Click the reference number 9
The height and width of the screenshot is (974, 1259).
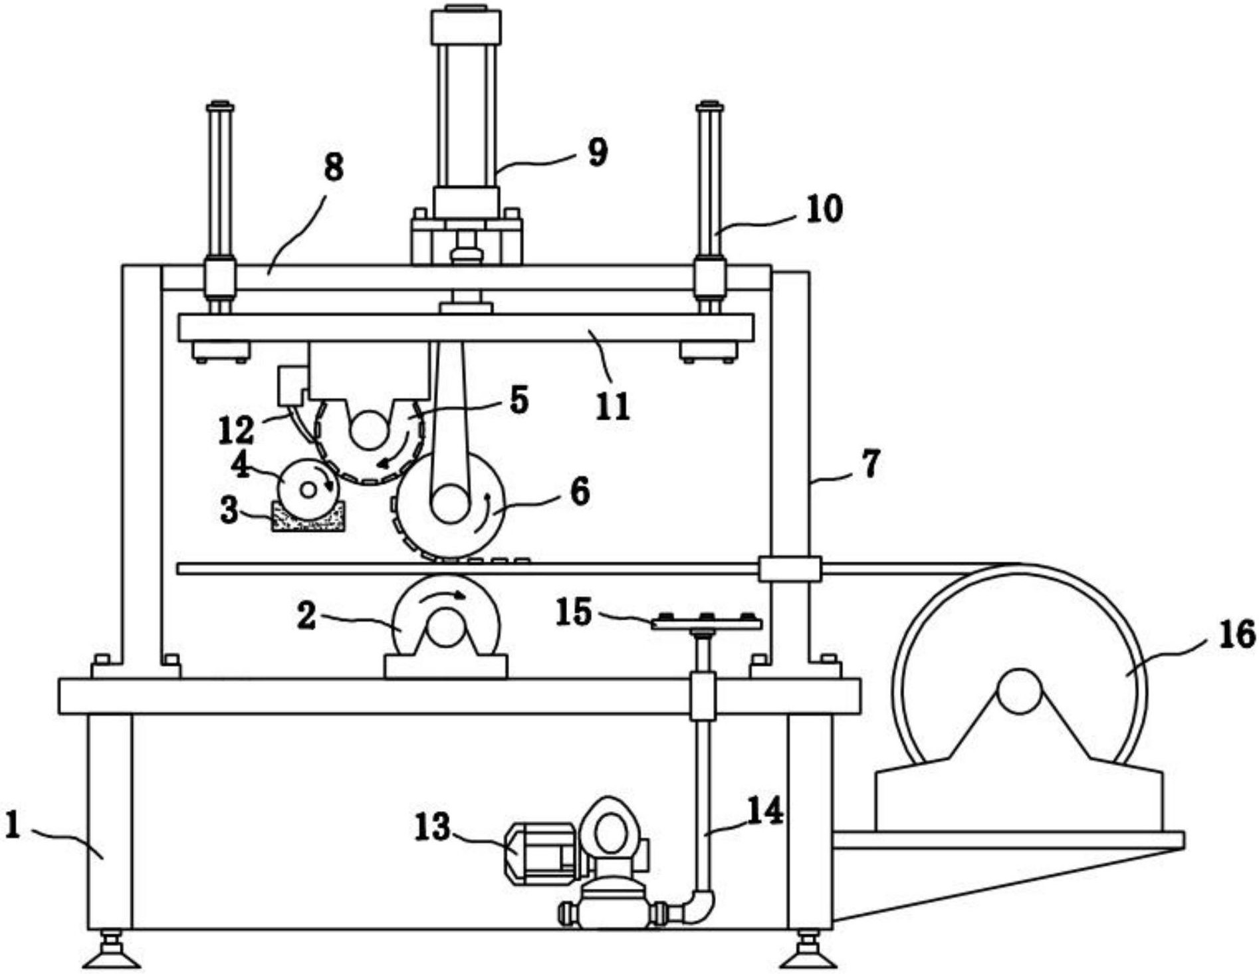pos(597,152)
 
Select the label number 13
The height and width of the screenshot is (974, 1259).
pos(432,828)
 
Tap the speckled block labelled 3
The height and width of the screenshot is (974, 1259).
pos(308,517)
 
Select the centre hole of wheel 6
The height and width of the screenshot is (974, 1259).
pos(450,503)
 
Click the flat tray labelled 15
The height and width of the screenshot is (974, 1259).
pos(707,623)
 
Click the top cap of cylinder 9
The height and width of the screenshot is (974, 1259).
pos(466,27)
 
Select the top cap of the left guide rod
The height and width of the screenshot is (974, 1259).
pos(220,106)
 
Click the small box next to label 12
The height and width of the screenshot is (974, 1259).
pos(290,384)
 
